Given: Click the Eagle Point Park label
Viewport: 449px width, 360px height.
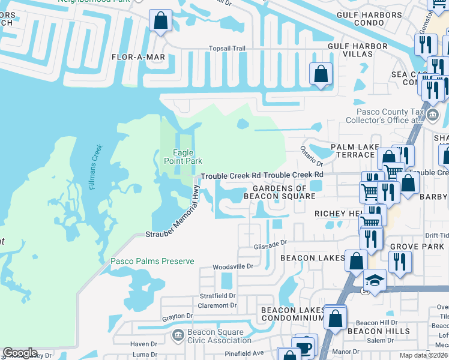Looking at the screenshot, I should coord(183,156).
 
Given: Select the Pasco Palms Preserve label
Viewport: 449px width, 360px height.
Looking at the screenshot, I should coord(152,261).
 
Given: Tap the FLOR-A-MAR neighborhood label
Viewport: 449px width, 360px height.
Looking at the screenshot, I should coord(138,57).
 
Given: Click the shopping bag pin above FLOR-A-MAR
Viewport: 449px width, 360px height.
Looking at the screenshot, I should coord(161,21).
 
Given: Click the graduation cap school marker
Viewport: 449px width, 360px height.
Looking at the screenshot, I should coord(375,281).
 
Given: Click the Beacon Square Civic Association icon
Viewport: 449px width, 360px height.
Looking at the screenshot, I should coord(178,334).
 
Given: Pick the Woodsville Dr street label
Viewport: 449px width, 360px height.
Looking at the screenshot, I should coord(234,266).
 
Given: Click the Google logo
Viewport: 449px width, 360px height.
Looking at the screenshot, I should coord(20,353).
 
